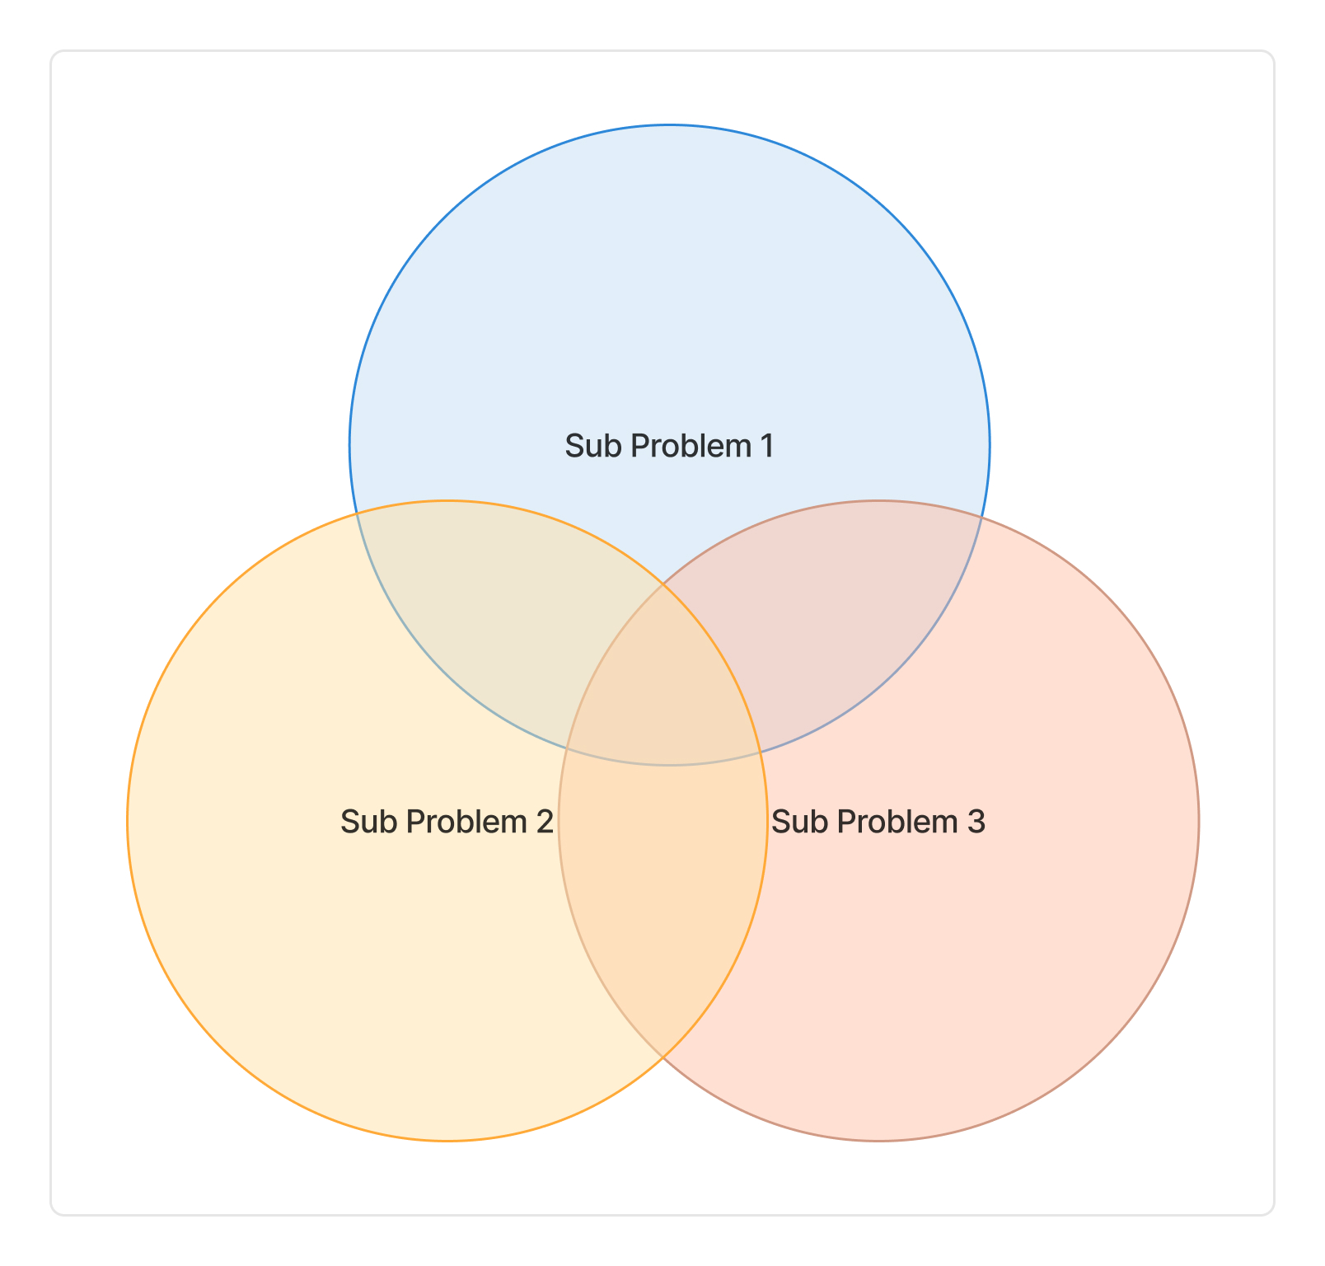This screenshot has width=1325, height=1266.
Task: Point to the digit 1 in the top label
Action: [766, 446]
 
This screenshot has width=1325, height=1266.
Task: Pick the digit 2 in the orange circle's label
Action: [544, 822]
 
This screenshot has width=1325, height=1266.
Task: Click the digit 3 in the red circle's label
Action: [976, 822]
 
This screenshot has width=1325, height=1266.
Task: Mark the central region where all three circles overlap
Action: [664, 692]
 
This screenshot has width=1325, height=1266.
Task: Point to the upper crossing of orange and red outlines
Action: [663, 584]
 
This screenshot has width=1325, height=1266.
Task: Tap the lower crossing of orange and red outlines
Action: [663, 1058]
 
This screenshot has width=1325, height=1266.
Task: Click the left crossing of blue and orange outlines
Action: [356, 514]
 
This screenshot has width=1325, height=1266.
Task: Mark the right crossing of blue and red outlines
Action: [982, 518]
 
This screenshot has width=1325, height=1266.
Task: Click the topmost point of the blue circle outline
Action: [670, 125]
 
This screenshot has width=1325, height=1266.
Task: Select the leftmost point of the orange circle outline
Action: [128, 821]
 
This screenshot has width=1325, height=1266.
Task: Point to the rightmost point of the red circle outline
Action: [1199, 821]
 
